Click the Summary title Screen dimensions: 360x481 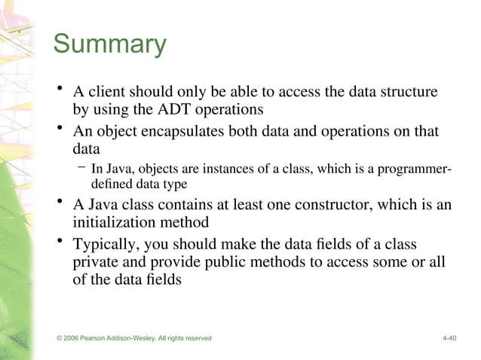click(109, 44)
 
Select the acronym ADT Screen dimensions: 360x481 click(176, 111)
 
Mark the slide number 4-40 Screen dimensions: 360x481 click(449, 338)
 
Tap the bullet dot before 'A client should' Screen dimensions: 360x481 click(59, 91)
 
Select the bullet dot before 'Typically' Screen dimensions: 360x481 click(59, 243)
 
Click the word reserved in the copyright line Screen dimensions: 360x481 click(195, 338)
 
